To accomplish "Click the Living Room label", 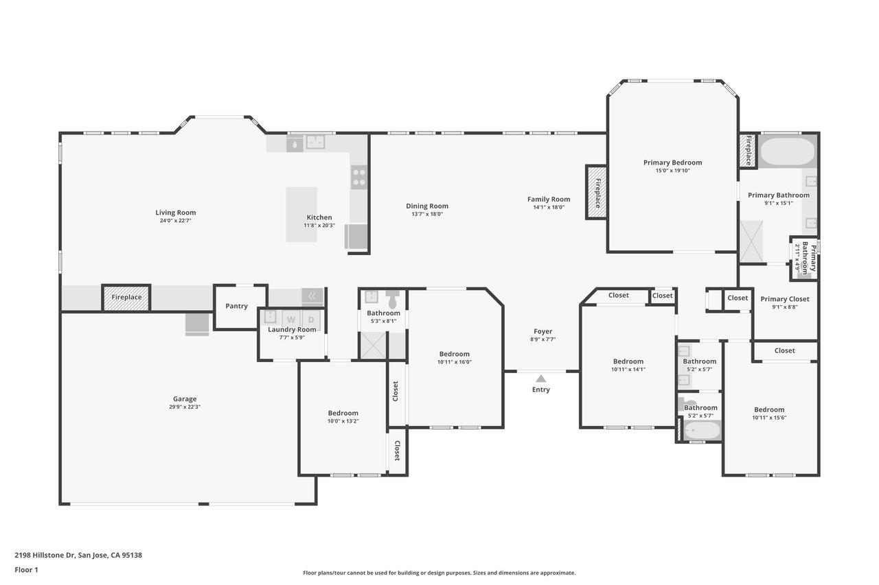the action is click(x=175, y=213).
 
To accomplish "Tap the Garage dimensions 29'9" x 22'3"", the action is click(x=185, y=407).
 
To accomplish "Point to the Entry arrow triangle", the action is click(x=541, y=379).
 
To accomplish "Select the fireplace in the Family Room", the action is click(x=597, y=192).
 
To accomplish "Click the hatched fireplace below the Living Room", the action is click(x=126, y=298).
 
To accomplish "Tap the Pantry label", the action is click(x=237, y=306).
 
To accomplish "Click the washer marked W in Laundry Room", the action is click(x=290, y=320).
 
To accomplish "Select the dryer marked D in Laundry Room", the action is click(x=311, y=320).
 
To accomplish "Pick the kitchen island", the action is click(x=301, y=215).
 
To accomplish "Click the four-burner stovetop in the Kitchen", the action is click(x=359, y=177).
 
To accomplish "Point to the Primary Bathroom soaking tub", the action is click(x=788, y=152).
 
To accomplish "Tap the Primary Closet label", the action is click(x=785, y=299).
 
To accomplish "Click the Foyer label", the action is click(x=543, y=331).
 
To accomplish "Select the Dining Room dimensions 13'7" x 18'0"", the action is click(x=427, y=214).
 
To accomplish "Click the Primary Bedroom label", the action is click(x=672, y=163).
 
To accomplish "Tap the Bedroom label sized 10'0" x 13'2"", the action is click(x=343, y=413).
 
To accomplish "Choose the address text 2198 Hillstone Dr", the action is click(x=45, y=555).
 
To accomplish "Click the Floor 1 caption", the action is click(x=26, y=570).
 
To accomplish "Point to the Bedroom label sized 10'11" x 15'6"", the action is click(x=769, y=410).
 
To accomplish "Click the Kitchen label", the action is click(x=319, y=217).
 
